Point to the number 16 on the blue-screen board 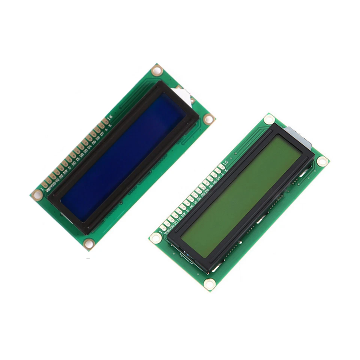click(x=109, y=118)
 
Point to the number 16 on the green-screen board click(x=225, y=162)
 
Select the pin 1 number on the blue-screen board click(x=42, y=184)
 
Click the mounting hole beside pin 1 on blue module click(x=37, y=195)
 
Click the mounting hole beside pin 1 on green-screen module click(x=155, y=237)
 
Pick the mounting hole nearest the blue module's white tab click(x=157, y=70)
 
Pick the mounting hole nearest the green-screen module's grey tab click(x=269, y=119)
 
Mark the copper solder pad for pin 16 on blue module click(x=105, y=121)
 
